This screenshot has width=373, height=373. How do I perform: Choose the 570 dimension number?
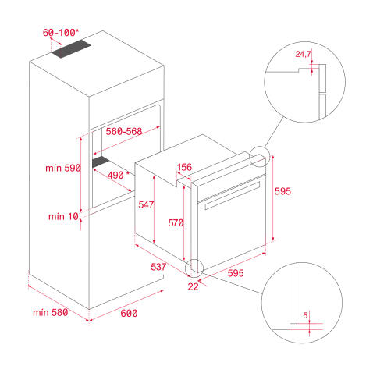[x=176, y=222]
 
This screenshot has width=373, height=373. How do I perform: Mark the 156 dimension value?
[x=184, y=167]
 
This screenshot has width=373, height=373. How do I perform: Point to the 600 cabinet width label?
[x=129, y=313]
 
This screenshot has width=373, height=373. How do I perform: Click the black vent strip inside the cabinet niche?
[x=101, y=162]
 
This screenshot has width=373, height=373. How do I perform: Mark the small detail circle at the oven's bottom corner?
[x=194, y=267]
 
